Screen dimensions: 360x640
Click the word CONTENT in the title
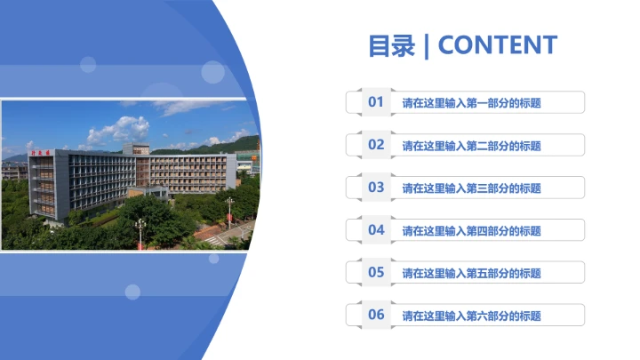click(x=498, y=45)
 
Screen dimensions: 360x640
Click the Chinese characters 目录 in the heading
click(x=392, y=45)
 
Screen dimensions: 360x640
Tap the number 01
click(x=376, y=102)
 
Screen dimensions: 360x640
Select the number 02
click(x=376, y=145)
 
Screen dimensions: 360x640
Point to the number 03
click(x=376, y=188)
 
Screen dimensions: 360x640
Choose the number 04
click(x=376, y=230)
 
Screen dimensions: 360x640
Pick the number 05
click(x=376, y=273)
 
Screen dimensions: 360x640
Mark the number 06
click(x=376, y=315)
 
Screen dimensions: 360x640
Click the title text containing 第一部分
click(x=471, y=103)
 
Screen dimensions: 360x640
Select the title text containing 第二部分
click(x=471, y=146)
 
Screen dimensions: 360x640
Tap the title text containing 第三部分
click(x=471, y=188)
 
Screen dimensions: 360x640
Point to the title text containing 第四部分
click(x=471, y=231)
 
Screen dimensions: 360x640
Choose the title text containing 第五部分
click(x=471, y=274)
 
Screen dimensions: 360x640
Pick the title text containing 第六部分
click(x=471, y=316)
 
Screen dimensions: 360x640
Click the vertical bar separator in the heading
click(x=427, y=45)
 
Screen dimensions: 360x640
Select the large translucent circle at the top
click(x=212, y=72)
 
